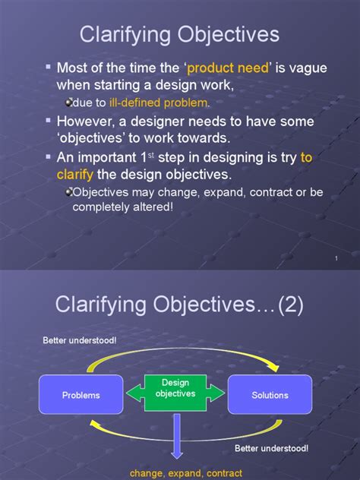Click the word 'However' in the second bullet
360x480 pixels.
click(85, 121)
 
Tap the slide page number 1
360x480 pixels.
click(336, 260)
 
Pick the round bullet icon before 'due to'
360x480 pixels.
click(69, 103)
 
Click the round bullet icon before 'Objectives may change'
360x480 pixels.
click(69, 193)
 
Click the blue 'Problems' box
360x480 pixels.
click(81, 395)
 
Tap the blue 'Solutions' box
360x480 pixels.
click(270, 395)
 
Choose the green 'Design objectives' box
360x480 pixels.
click(175, 388)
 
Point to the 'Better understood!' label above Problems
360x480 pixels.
click(80, 339)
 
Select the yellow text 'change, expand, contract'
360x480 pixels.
click(176, 473)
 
